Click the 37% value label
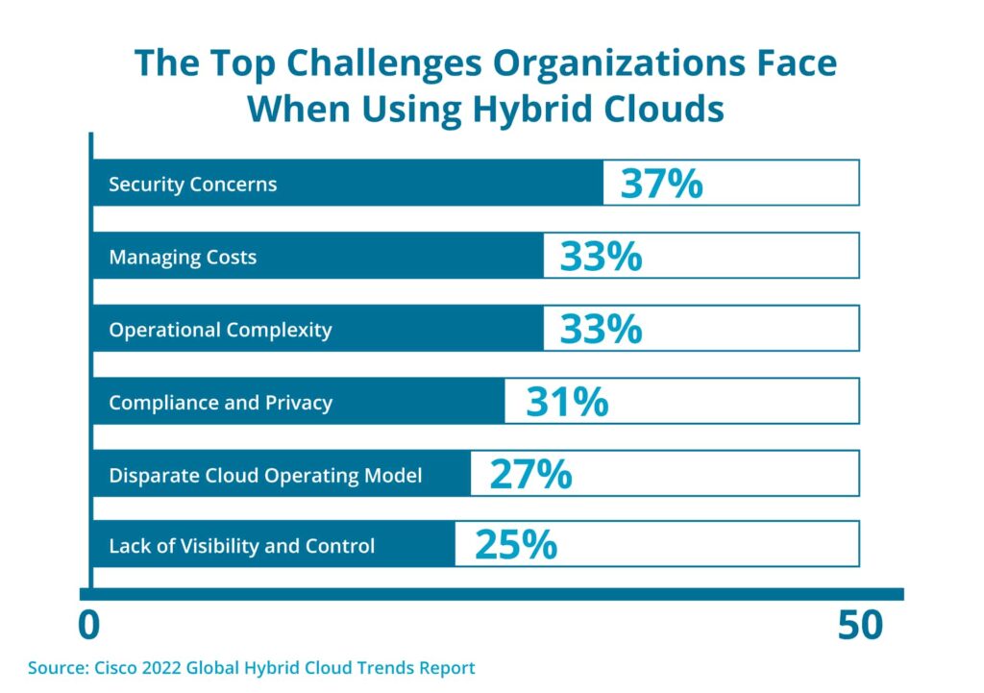661,183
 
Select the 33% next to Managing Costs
601,257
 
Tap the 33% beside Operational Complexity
601,330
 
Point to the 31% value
567,402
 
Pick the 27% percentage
530,475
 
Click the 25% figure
516,546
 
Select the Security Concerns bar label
192,184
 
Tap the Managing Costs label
183,257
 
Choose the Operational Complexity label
220,330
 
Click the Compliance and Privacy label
220,403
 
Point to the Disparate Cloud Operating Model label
265,476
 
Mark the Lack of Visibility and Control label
241,547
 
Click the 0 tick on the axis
88,626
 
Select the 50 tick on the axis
859,626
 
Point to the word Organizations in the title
609,63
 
